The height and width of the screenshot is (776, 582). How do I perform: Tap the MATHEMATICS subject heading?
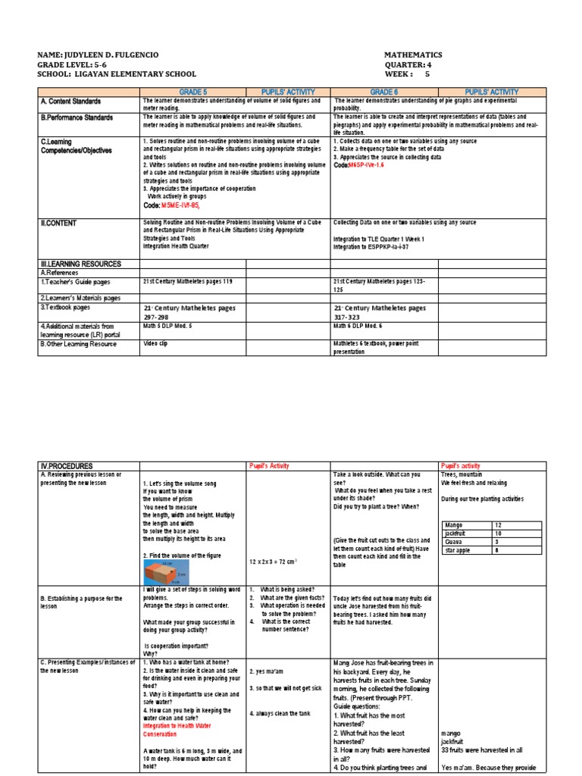coord(413,55)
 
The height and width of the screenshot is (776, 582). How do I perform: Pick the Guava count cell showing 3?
coord(497,542)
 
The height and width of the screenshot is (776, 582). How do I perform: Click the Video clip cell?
coord(157,343)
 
